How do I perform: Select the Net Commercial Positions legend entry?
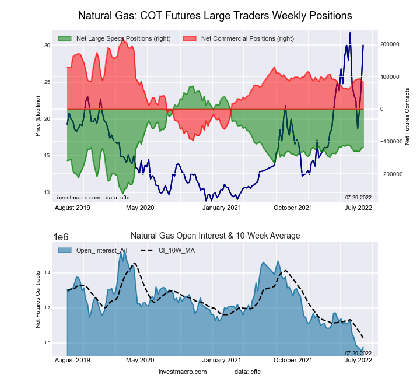[x=247, y=38]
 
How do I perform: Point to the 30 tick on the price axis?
[x=47, y=45]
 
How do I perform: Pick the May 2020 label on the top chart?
[x=140, y=208]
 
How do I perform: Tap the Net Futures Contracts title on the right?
[x=407, y=117]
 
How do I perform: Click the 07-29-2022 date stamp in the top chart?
[x=358, y=198]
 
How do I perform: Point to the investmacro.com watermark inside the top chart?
[x=78, y=198]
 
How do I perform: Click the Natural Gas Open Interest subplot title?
[x=215, y=236]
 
